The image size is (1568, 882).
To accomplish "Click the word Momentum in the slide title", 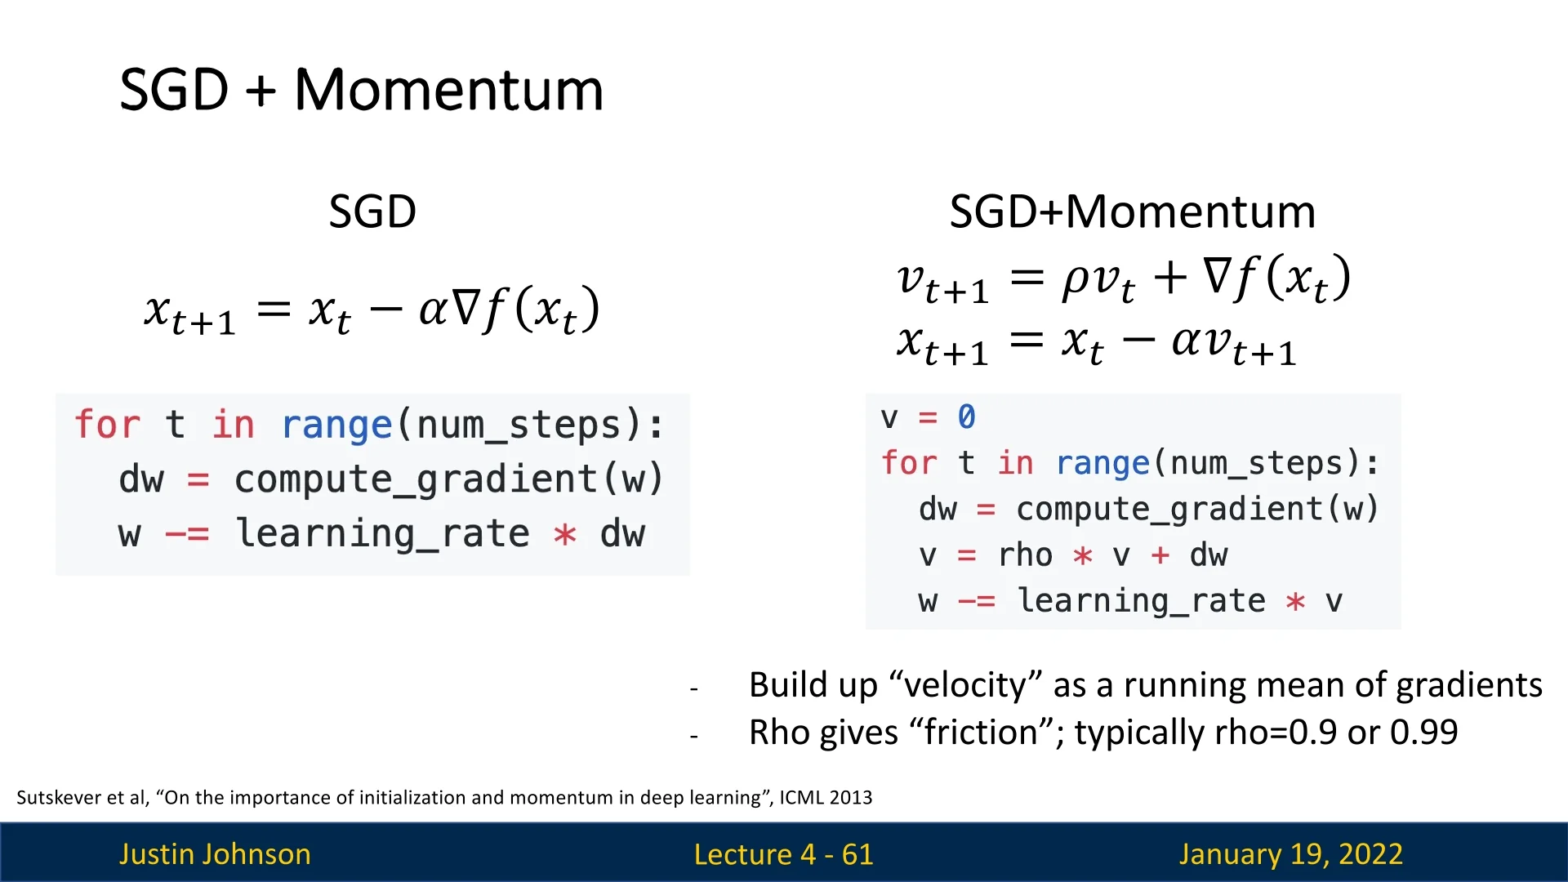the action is click(448, 90).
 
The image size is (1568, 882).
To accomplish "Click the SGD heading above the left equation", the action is click(372, 212).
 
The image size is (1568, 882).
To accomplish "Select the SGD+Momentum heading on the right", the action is click(1132, 212).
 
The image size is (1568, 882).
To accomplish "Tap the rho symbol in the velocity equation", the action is click(1076, 279).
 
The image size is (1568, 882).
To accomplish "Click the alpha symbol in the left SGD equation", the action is click(434, 310).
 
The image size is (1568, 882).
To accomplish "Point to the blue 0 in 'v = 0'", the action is click(966, 416).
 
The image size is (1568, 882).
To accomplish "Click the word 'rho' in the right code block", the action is click(1025, 555).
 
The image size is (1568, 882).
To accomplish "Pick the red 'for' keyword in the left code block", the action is click(107, 425).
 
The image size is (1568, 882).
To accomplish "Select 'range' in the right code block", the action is click(1102, 463).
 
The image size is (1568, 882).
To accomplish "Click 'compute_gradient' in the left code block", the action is click(416, 479).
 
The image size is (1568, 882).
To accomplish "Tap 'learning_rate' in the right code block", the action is click(1141, 601).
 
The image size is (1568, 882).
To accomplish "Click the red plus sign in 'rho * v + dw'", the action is click(1160, 555).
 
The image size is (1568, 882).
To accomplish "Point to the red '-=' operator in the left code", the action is click(187, 535).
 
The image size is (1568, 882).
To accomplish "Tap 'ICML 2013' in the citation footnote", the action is click(826, 797).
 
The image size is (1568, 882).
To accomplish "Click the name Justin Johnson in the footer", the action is click(215, 853).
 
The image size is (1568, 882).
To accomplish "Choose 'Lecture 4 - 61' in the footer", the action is click(783, 854).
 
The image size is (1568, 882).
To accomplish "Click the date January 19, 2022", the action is click(1290, 854).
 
